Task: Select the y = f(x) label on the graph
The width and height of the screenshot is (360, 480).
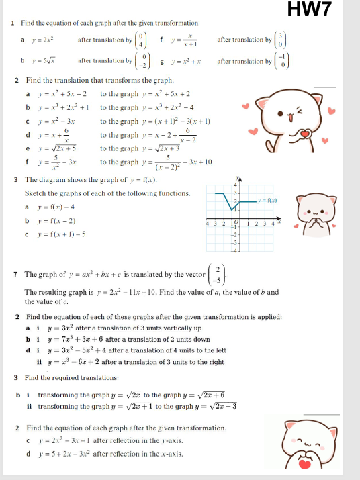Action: coord(268,200)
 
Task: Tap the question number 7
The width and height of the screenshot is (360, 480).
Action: coord(15,275)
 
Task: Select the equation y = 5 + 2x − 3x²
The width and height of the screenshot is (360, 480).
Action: coord(71,454)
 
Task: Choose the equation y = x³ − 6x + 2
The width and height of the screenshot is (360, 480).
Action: coord(76,362)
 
